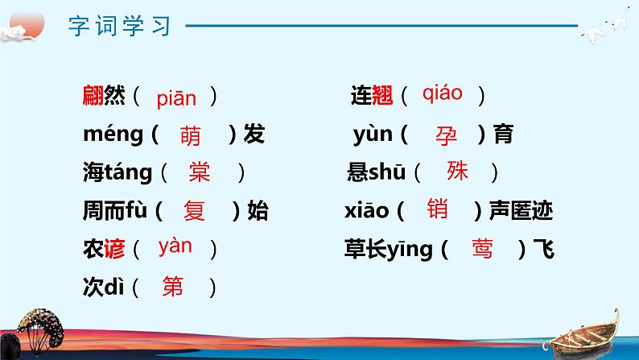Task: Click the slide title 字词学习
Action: (x=121, y=26)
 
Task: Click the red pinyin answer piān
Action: (x=176, y=98)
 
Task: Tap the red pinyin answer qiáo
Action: (x=442, y=93)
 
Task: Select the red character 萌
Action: (x=192, y=135)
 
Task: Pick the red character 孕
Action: (x=446, y=135)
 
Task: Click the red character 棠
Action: (x=199, y=172)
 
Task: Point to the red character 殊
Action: (x=457, y=171)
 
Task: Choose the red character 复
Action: (x=195, y=211)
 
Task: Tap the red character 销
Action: (x=439, y=210)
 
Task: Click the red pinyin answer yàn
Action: (x=175, y=246)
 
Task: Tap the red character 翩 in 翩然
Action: (x=93, y=97)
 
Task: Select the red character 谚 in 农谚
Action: (x=114, y=249)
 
